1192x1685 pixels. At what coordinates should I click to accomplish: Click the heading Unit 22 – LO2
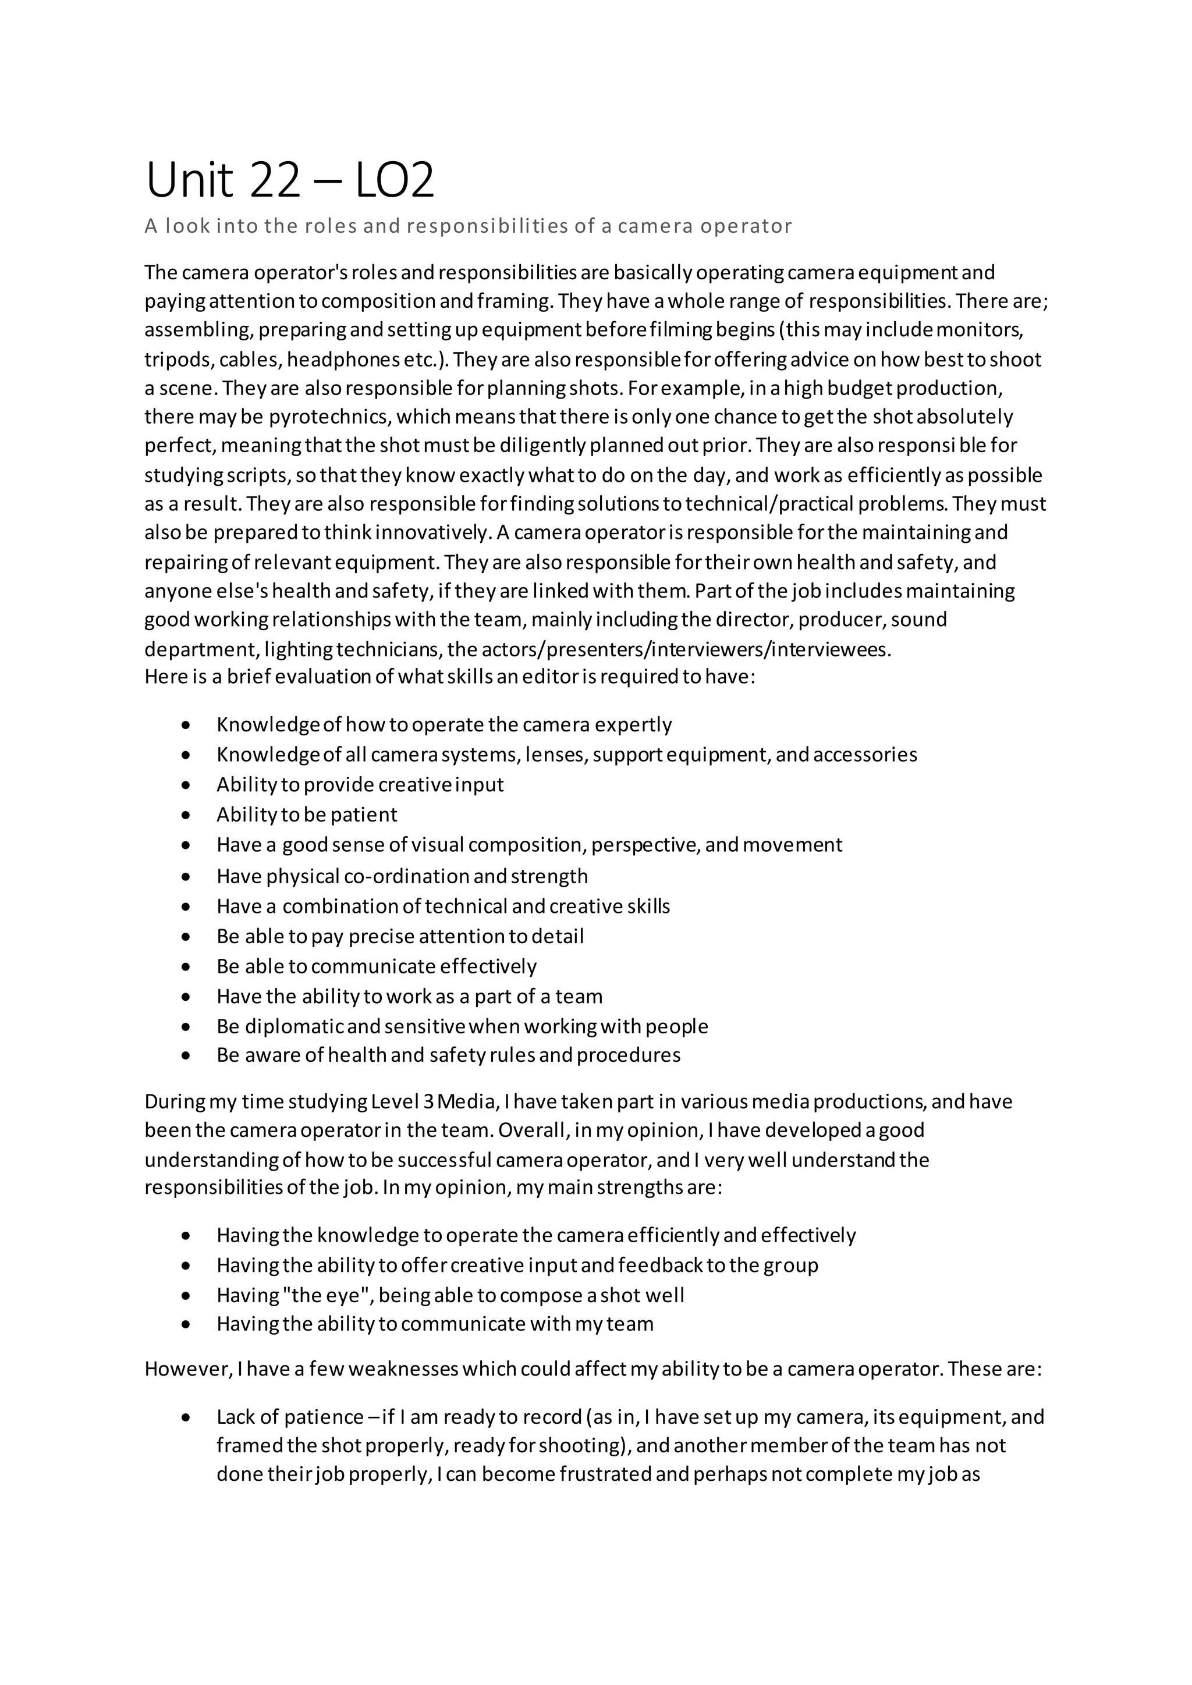point(290,180)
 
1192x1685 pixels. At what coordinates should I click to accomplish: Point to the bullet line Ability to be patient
point(307,815)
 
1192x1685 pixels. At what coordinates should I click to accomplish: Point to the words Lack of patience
point(290,1417)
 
